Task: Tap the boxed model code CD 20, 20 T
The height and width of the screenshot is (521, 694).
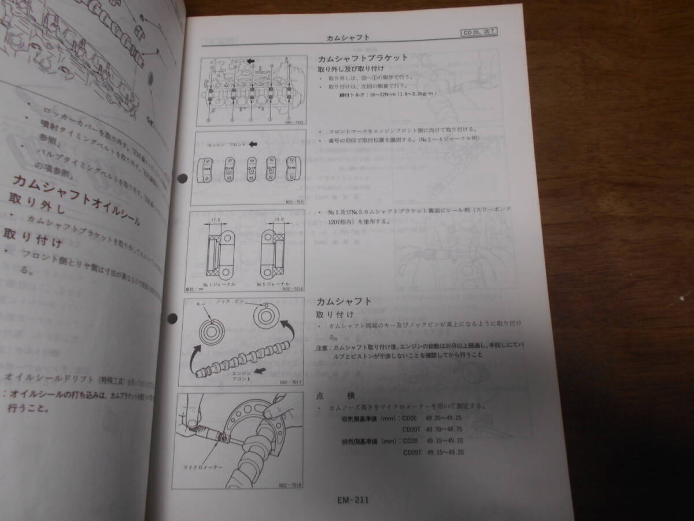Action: pos(478,34)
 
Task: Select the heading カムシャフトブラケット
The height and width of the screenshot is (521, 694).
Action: pos(363,58)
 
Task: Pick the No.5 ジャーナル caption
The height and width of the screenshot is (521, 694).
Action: pos(269,285)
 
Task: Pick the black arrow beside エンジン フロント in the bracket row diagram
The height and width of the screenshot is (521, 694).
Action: pos(252,143)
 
